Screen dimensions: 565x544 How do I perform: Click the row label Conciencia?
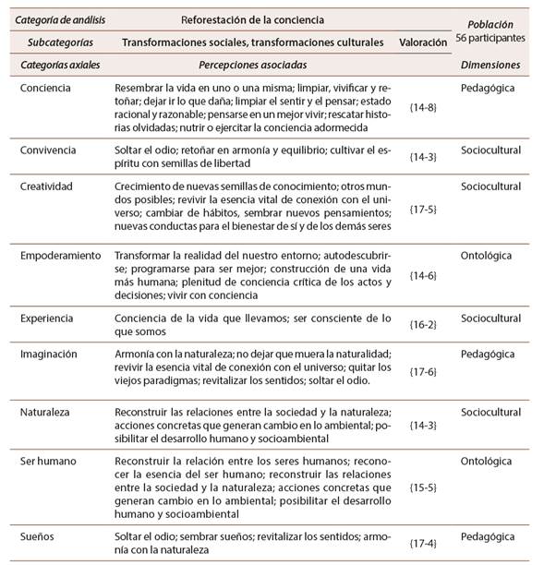coord(47,85)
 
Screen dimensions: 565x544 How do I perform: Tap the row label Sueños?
coord(40,536)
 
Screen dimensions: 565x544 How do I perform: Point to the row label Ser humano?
coord(49,459)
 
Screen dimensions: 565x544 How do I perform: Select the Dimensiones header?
coord(490,66)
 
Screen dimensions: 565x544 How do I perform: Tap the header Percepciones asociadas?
coord(252,66)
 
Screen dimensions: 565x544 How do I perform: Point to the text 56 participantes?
coord(490,39)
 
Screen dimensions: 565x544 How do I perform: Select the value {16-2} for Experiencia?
coord(424,324)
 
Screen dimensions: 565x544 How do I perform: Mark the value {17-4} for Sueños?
coord(424,543)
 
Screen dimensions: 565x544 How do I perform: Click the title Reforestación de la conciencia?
coord(252,18)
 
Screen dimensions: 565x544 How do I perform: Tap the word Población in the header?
coord(490,25)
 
